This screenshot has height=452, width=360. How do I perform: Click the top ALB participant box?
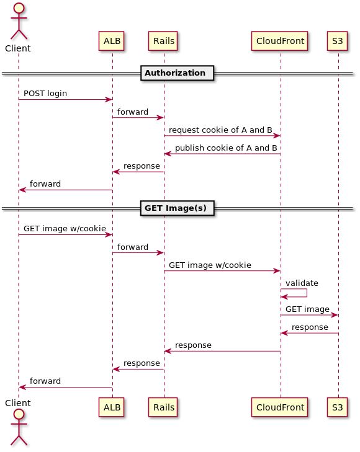(x=111, y=41)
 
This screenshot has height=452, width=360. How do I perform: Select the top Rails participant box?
(x=163, y=41)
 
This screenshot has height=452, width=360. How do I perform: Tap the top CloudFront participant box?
(x=280, y=41)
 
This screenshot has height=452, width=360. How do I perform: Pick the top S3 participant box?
(x=337, y=41)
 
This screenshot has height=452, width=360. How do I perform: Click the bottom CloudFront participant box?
(x=280, y=407)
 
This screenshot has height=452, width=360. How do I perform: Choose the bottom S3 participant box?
(x=337, y=407)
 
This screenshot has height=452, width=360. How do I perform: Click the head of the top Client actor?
(x=19, y=8)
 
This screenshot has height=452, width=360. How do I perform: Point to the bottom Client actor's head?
(x=19, y=414)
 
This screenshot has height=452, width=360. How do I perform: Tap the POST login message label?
(x=45, y=94)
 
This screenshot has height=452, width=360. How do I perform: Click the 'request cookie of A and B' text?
(x=220, y=130)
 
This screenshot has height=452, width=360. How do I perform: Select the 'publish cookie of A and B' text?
(x=226, y=148)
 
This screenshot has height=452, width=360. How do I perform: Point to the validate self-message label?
(x=302, y=283)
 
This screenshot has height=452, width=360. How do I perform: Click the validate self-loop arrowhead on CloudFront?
(x=284, y=297)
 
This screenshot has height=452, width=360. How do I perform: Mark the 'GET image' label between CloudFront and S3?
(x=307, y=309)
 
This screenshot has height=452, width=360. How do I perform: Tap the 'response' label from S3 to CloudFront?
(x=310, y=327)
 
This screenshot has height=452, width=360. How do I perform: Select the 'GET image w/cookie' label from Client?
(x=65, y=229)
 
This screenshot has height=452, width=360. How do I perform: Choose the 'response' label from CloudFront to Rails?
(x=193, y=345)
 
